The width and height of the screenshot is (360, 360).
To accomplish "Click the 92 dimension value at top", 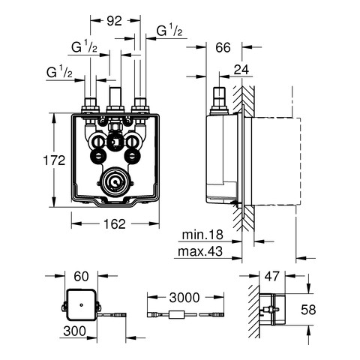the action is [114, 21].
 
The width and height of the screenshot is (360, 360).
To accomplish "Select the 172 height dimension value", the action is [54, 160].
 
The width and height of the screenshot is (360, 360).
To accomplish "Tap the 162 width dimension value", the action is [115, 223].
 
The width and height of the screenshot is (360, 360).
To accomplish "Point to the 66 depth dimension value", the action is [223, 47].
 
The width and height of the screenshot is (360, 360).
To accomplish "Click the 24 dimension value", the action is [241, 70].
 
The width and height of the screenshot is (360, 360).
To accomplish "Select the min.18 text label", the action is [202, 235].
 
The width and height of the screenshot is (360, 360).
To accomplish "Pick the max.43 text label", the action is [200, 251].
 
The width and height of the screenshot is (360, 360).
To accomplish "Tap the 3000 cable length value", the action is [184, 298].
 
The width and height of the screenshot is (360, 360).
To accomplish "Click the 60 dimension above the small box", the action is [81, 277].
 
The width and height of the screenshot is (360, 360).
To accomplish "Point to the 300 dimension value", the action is [75, 331].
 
